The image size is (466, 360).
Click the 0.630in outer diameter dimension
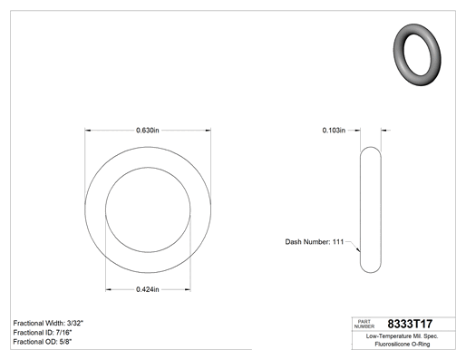click(148, 131)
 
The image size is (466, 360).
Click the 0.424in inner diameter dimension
click(148, 289)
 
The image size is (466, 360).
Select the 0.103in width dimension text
click(334, 131)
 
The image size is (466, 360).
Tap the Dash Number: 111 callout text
click(315, 242)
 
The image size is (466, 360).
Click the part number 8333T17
click(410, 324)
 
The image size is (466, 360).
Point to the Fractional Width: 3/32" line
click(48, 323)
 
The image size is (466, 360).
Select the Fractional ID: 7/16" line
click(43, 333)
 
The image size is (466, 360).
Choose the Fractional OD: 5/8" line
click(43, 342)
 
